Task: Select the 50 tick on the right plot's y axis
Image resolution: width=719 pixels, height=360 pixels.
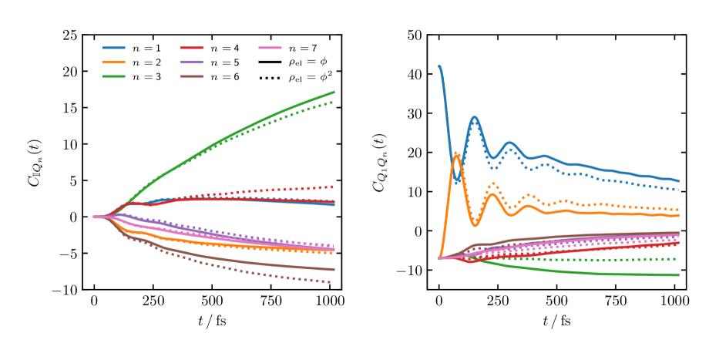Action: pyautogui.click(x=414, y=35)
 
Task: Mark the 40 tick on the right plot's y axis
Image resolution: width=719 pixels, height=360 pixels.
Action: pyautogui.click(x=414, y=75)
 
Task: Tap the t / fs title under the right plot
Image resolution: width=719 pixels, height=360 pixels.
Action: pyautogui.click(x=557, y=321)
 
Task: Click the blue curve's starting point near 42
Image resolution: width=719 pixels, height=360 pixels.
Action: pyautogui.click(x=439, y=66)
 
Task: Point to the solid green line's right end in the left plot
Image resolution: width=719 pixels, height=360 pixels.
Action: pyautogui.click(x=333, y=92)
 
